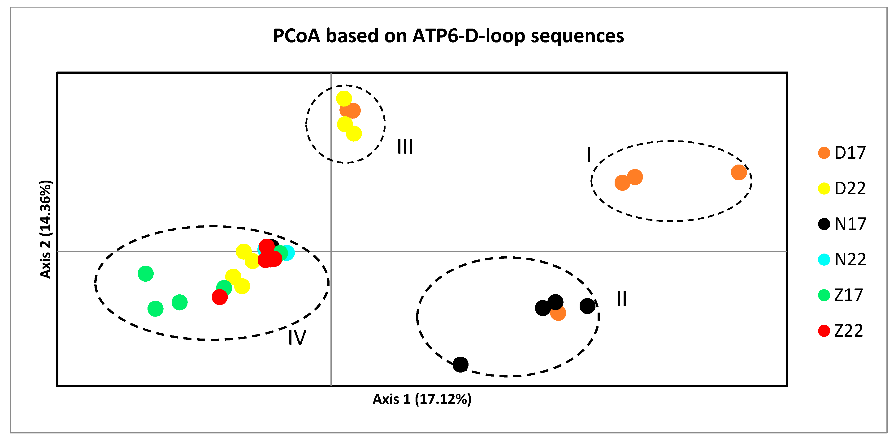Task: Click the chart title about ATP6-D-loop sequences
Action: [448, 36]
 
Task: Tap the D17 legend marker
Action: [824, 153]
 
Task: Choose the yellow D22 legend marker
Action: [824, 189]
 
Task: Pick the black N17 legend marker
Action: [824, 224]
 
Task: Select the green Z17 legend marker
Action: [824, 295]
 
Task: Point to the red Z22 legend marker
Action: [824, 331]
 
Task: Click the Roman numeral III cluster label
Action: [405, 147]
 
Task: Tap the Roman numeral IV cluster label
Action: [297, 337]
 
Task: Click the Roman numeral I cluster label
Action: [589, 155]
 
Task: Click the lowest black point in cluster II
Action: [460, 364]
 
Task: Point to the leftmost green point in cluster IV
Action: [146, 274]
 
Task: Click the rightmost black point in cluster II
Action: [587, 306]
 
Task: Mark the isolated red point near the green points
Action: [220, 297]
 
